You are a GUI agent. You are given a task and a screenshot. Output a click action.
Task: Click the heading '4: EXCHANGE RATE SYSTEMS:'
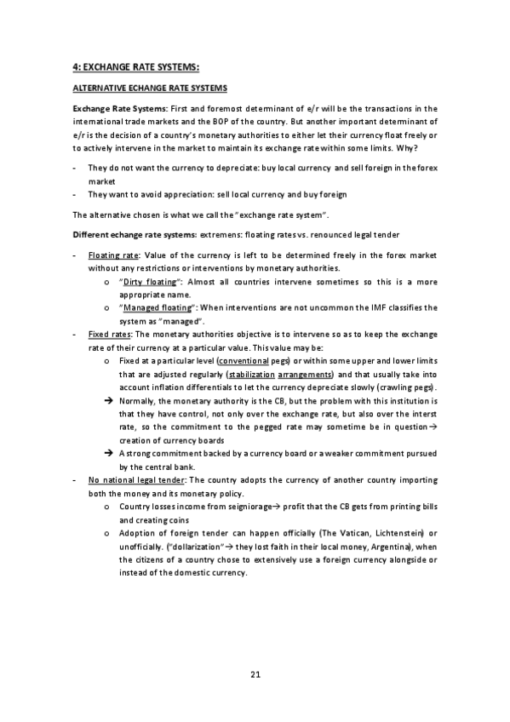click(x=136, y=67)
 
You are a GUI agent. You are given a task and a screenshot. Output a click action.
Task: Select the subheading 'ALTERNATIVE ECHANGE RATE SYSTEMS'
click(x=149, y=89)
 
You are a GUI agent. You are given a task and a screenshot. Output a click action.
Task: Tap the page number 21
click(x=255, y=674)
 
